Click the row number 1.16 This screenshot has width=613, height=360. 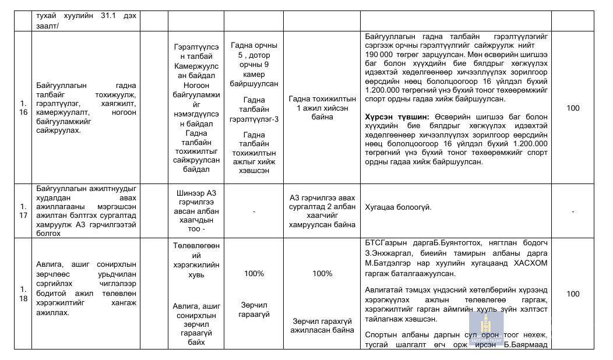[24, 108]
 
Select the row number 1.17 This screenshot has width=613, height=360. [24, 210]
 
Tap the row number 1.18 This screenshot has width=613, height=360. [24, 294]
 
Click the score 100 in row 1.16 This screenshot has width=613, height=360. [573, 108]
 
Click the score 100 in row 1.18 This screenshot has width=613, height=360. [573, 294]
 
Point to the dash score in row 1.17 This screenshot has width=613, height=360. [573, 211]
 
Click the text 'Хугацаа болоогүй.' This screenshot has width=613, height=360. [398, 206]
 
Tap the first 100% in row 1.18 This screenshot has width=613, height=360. [254, 273]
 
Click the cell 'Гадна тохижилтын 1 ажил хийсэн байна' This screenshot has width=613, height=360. [322, 108]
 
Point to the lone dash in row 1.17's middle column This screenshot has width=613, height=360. [254, 211]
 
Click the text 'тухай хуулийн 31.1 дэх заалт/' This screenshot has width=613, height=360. [86, 21]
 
